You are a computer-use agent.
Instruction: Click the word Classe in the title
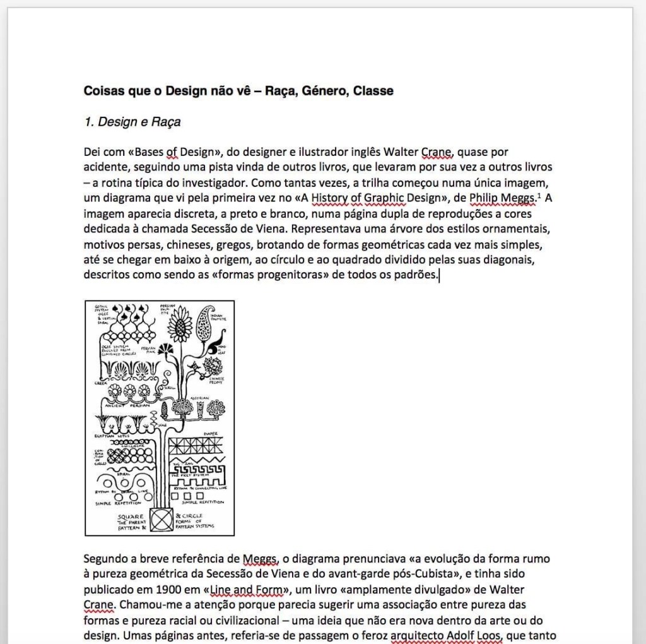pos(373,91)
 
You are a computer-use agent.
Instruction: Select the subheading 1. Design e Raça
pos(132,122)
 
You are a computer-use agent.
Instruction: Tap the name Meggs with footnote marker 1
pos(505,198)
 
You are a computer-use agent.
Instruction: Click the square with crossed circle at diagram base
pos(161,520)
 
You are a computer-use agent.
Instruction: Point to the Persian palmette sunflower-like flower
pos(180,326)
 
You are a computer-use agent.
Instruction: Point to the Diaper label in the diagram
pos(211,433)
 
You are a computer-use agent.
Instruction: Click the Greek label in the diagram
pos(101,383)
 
